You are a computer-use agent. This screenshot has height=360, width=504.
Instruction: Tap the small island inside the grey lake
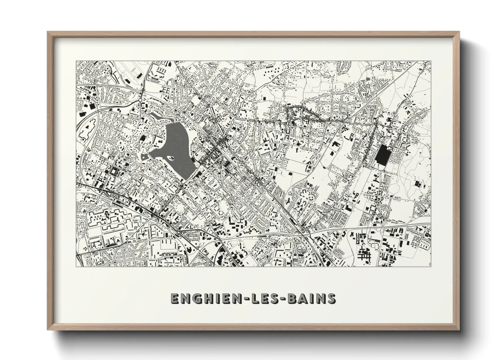170,158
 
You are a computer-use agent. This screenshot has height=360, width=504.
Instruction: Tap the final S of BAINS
330,298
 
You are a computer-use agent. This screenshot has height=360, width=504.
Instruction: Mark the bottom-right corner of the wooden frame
459,329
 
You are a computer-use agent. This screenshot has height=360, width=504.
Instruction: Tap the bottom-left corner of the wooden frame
48,329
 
